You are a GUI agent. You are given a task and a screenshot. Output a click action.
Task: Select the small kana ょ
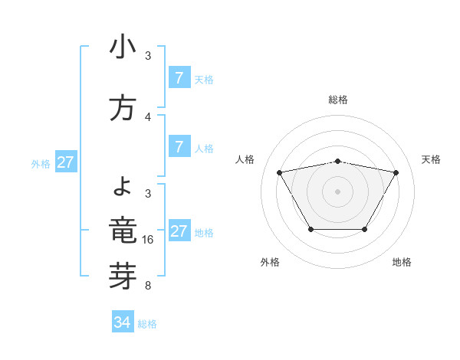(123, 185)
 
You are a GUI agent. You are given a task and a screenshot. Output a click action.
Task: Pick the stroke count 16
(149, 240)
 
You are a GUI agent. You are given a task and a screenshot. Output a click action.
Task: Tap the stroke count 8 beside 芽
(148, 286)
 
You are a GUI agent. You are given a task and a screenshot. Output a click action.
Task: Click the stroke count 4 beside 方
(148, 117)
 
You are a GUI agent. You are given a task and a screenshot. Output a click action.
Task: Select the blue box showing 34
(123, 322)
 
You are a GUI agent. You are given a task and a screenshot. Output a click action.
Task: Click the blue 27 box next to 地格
(179, 231)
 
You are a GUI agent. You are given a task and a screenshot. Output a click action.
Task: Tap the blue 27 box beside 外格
(66, 162)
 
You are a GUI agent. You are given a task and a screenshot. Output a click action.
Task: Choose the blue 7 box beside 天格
(179, 78)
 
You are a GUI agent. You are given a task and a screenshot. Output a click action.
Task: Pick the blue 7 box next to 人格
(179, 147)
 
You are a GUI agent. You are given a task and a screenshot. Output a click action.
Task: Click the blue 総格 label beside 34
(147, 324)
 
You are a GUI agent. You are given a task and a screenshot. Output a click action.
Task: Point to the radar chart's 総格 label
(338, 100)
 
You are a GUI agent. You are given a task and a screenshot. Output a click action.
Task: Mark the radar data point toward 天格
(396, 172)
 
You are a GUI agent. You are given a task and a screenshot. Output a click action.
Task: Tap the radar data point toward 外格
(310, 229)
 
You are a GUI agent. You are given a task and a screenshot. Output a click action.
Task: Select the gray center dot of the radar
(337, 191)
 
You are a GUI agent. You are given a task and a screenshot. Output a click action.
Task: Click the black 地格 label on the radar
(402, 263)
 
